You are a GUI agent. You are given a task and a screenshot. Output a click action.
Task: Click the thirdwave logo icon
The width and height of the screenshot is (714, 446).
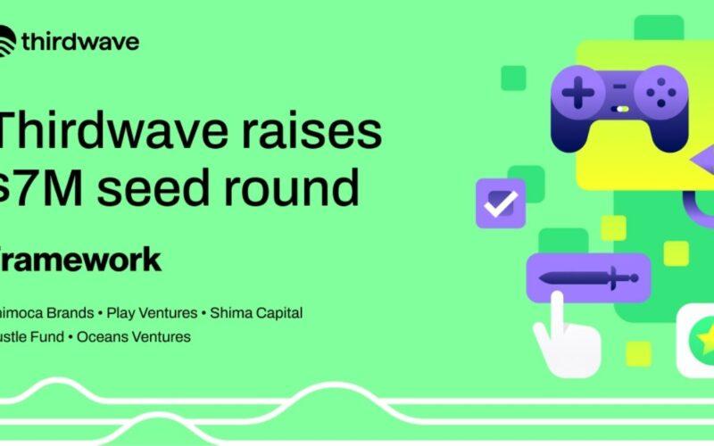click(x=7, y=40)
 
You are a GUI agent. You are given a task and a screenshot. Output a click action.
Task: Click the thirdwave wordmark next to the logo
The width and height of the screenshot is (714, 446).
click(x=80, y=41)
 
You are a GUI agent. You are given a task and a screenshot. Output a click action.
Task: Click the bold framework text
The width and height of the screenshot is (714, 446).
click(x=80, y=259)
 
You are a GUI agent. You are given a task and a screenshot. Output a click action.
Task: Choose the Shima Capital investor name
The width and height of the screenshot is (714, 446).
click(x=255, y=313)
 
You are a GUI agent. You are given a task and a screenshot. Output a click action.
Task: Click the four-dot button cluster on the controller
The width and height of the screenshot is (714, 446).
click(x=660, y=90)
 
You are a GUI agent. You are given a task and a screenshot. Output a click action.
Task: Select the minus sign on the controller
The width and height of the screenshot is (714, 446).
click(x=618, y=86)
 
